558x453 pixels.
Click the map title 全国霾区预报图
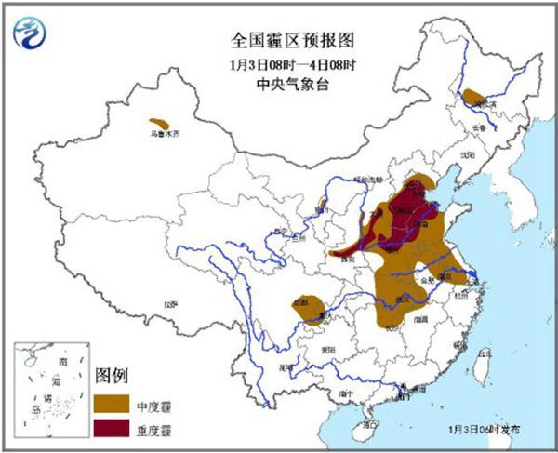point(278,42)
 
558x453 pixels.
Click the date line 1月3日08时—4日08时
point(278,65)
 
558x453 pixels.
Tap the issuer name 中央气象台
point(278,86)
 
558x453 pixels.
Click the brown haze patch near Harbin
point(475,96)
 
